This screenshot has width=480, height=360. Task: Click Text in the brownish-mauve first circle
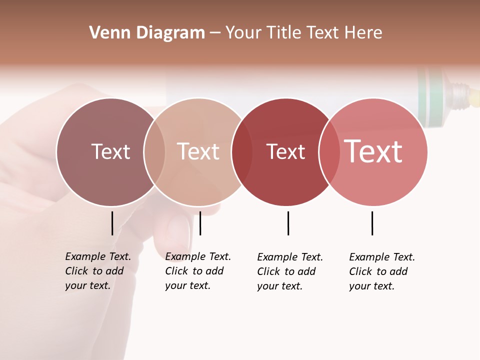click(110, 151)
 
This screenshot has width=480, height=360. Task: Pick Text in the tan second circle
click(198, 151)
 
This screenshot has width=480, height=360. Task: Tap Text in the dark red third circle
click(285, 151)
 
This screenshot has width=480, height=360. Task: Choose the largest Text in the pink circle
click(373, 151)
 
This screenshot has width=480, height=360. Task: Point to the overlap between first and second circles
click(154, 152)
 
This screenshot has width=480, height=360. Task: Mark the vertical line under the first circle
click(112, 223)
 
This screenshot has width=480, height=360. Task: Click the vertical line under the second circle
click(200, 223)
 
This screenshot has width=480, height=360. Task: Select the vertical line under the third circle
click(288, 223)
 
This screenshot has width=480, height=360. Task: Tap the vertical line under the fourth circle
click(372, 223)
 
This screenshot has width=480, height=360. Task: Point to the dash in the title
click(215, 33)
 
